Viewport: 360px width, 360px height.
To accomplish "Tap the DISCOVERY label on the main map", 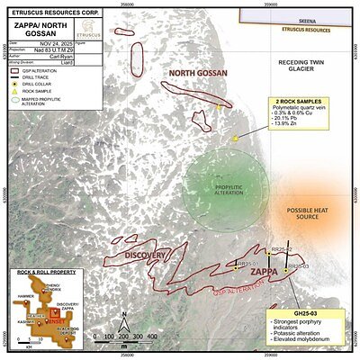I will click(145, 256).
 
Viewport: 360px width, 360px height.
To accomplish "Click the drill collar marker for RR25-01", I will click(233, 265).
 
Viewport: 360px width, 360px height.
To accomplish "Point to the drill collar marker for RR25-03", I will click(285, 268).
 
